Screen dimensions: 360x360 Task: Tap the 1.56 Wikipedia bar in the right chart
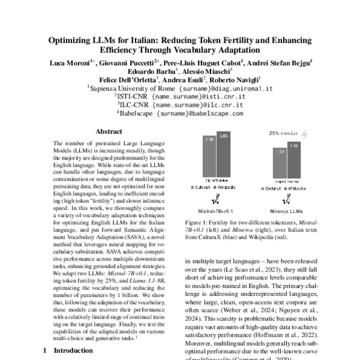(x=295, y=163)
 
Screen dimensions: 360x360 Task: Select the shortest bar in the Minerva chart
(x=280, y=166)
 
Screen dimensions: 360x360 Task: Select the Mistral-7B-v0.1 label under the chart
(x=215, y=211)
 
